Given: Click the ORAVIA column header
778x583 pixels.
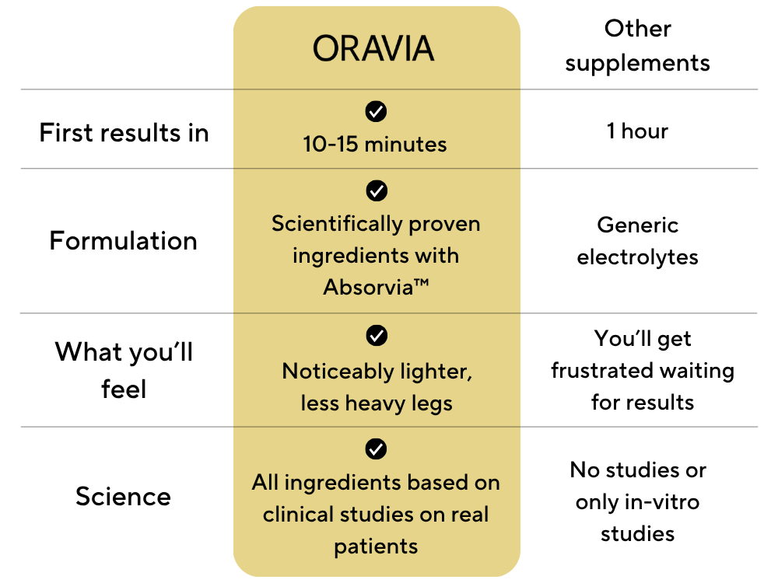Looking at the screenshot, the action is click(x=373, y=48).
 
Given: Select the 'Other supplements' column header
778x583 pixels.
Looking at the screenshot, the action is click(x=638, y=46).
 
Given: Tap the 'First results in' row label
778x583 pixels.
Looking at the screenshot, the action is click(x=124, y=133).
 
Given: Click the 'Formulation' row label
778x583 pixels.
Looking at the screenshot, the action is click(x=124, y=241).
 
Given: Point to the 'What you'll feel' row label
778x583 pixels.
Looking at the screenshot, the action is click(x=124, y=370).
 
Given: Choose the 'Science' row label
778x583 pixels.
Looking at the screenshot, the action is click(x=123, y=496).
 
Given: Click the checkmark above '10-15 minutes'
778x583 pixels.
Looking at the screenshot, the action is click(x=376, y=111).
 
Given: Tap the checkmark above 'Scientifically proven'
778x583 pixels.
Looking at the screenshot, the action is click(x=377, y=191).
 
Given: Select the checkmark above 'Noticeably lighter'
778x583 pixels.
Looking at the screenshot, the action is click(x=377, y=336).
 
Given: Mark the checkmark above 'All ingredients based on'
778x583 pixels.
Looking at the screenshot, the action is click(x=376, y=449).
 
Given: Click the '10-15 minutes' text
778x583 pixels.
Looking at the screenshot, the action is click(x=375, y=145).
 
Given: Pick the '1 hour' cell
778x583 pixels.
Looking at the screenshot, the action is click(x=638, y=131).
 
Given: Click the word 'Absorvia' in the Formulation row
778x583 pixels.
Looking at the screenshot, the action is click(x=368, y=288).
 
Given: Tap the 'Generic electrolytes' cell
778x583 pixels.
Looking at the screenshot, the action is click(x=638, y=242).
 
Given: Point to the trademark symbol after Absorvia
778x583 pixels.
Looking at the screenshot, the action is click(x=421, y=283).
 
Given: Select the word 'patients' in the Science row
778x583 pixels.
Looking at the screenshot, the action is click(x=376, y=546).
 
